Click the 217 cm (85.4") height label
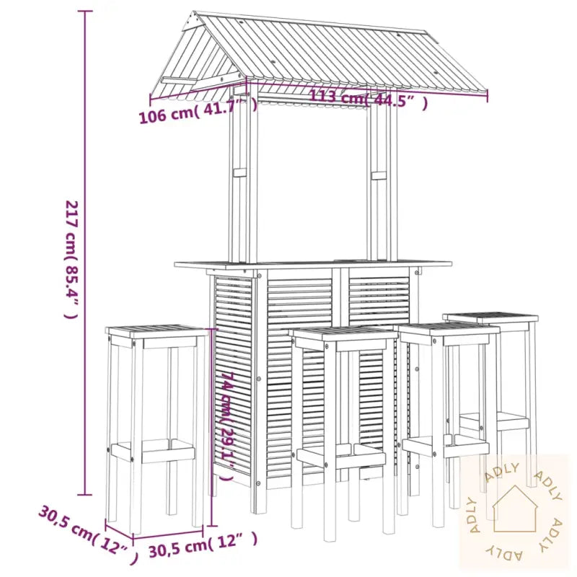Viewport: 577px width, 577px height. (x=71, y=260)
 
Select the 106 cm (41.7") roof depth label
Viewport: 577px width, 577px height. (x=198, y=110)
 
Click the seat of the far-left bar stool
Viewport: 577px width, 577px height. (x=157, y=330)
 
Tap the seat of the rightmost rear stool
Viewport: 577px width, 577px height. (x=490, y=317)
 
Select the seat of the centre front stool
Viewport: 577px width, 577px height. (x=344, y=332)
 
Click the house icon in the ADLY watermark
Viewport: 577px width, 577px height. (x=514, y=509)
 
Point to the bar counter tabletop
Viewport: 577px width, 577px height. (x=313, y=264)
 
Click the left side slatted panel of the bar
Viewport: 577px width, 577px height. (x=233, y=375)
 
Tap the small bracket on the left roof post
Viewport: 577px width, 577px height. (x=240, y=173)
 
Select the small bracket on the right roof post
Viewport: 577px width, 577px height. (x=379, y=175)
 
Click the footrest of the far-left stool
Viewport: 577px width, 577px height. (x=153, y=451)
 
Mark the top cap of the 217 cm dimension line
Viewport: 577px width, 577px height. (x=84, y=11)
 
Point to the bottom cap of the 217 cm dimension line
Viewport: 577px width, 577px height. (x=84, y=495)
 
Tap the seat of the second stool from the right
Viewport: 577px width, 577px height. (x=449, y=328)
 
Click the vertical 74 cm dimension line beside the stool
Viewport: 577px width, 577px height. (x=211, y=428)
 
